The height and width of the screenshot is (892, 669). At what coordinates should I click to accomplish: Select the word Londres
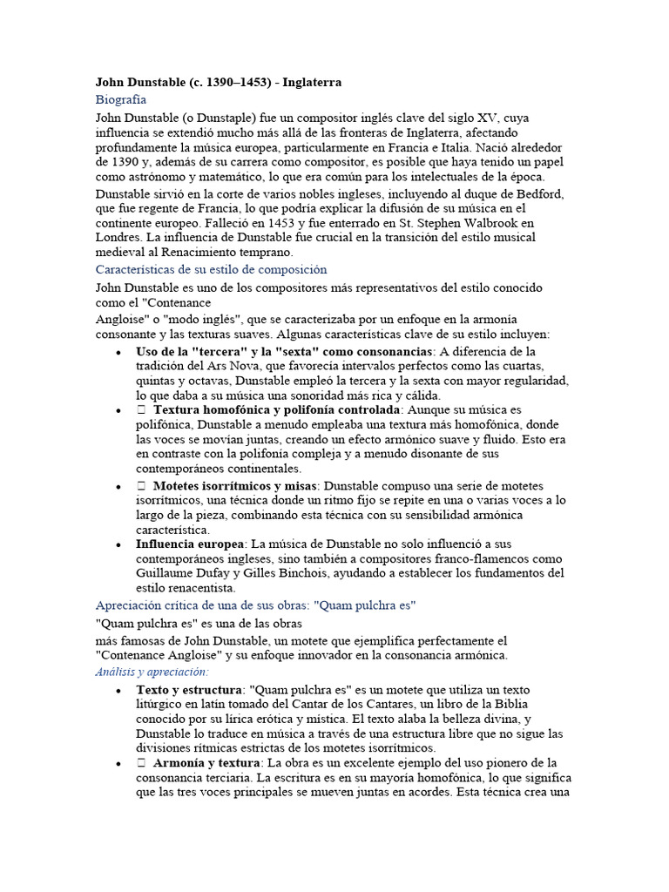[118, 236]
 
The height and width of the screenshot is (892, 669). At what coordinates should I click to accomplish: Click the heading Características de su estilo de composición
[212, 270]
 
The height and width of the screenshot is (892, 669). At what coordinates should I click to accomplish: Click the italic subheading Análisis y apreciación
[152, 672]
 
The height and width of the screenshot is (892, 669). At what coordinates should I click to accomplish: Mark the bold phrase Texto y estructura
[189, 690]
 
